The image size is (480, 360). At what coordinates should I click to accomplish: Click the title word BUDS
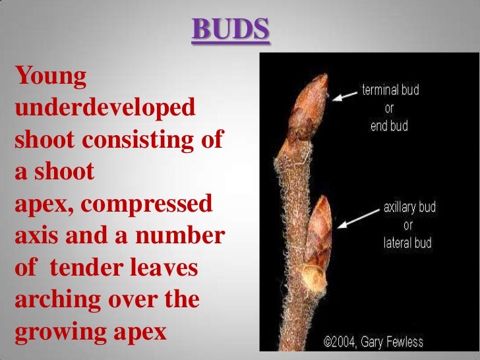click(x=230, y=29)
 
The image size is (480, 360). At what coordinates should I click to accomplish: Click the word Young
click(x=51, y=78)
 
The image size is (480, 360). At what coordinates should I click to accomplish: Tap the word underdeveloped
click(x=105, y=107)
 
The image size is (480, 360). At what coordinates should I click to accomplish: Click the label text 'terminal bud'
click(x=391, y=90)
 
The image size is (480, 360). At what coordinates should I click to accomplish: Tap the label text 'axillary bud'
click(x=409, y=208)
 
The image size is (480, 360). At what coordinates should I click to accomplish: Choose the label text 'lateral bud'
click(x=407, y=243)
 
